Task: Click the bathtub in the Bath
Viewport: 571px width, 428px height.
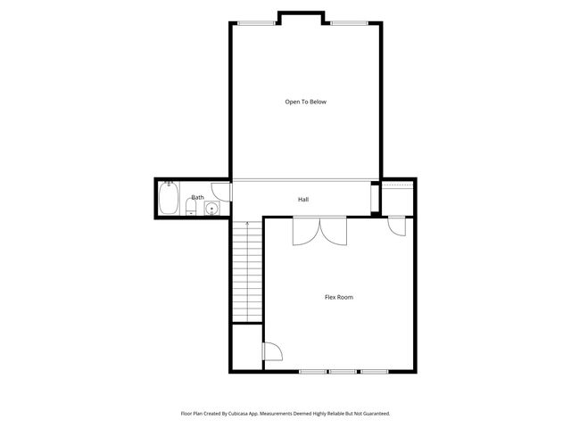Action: [x=168, y=199]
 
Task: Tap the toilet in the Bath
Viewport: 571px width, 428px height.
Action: [x=191, y=209]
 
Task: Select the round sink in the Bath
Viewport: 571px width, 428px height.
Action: [x=211, y=210]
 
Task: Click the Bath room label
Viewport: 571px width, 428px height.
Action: [x=197, y=197]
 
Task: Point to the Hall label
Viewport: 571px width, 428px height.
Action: [x=303, y=199]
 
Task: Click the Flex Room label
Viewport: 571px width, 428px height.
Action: [x=338, y=297]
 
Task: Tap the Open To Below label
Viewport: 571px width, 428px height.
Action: [x=306, y=102]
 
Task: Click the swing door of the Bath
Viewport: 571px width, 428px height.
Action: [x=223, y=191]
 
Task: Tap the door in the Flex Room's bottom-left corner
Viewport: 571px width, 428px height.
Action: [x=271, y=352]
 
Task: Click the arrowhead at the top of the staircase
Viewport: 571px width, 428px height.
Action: [x=247, y=222]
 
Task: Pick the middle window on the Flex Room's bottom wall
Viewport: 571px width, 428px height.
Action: [x=343, y=371]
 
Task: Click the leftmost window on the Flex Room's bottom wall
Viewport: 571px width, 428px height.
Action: [x=312, y=371]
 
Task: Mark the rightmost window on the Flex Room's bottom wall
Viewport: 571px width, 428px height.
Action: [x=374, y=371]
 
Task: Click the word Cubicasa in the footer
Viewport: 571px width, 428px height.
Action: [x=238, y=414]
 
